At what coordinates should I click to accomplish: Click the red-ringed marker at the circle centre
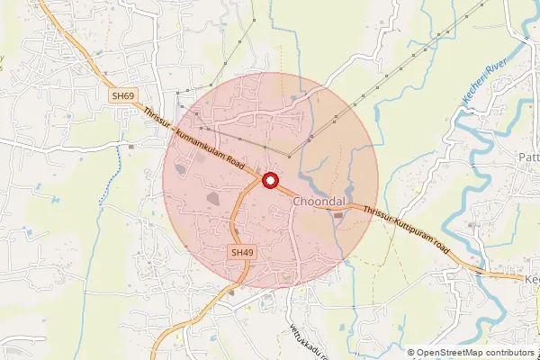click(269, 181)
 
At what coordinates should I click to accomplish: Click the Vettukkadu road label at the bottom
click(305, 339)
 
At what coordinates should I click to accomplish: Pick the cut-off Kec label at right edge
click(531, 280)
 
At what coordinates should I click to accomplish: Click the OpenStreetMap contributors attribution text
click(471, 353)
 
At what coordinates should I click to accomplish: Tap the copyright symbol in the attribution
click(411, 353)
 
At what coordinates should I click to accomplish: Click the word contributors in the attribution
click(508, 353)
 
